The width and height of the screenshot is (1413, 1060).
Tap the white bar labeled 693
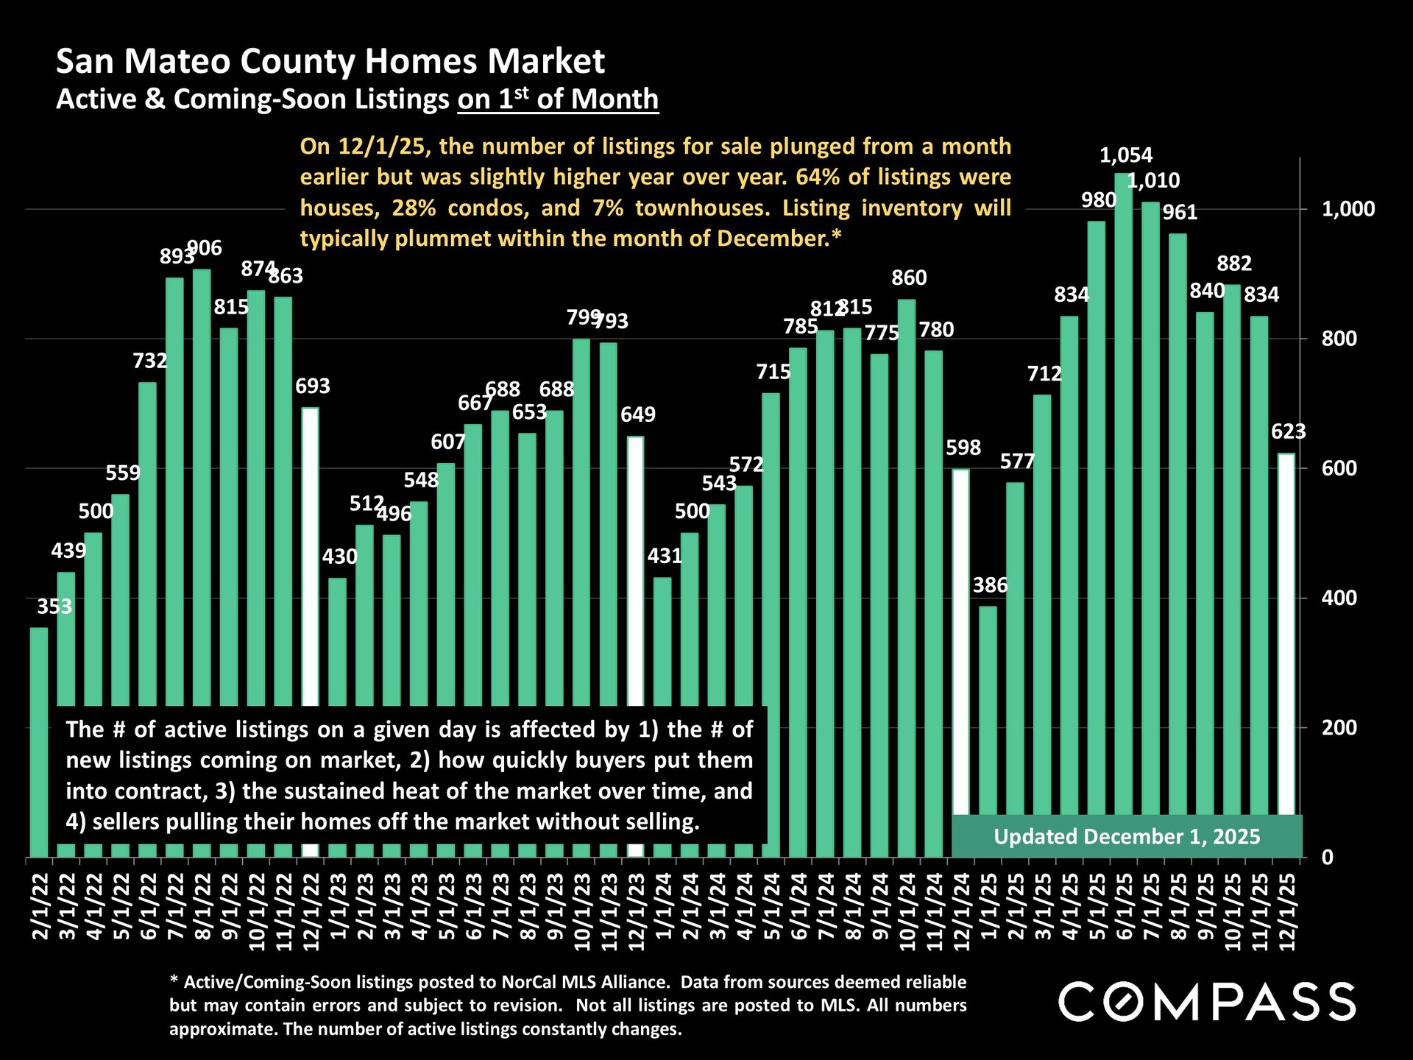(311, 552)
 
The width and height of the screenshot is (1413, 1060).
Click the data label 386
(990, 586)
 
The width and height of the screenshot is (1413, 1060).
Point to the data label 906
(205, 249)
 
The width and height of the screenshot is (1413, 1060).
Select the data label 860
(909, 278)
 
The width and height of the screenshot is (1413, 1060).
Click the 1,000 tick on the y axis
(1348, 209)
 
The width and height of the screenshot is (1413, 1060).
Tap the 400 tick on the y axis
(1339, 598)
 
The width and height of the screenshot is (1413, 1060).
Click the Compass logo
(1207, 1001)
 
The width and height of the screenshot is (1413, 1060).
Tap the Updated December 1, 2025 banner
(1127, 837)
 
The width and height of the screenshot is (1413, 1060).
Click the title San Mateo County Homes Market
(330, 61)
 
